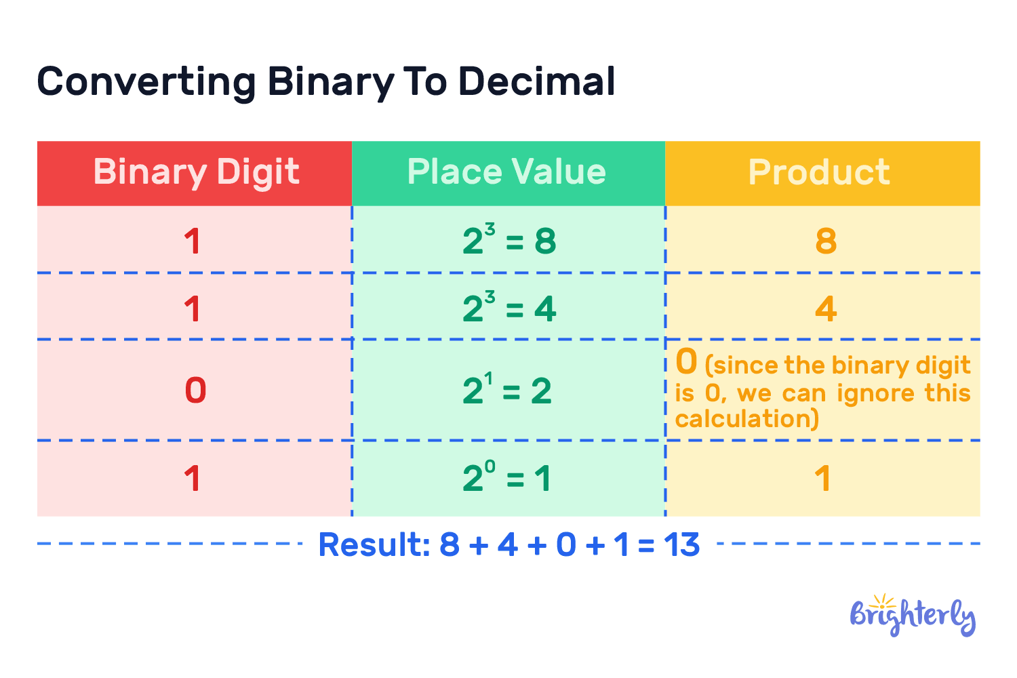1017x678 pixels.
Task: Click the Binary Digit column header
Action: (196, 173)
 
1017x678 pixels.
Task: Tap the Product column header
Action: (819, 173)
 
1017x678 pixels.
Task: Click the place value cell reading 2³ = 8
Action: (509, 239)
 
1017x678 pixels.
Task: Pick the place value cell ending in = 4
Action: (509, 306)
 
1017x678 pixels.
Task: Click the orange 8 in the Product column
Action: (826, 241)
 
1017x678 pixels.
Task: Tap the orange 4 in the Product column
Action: (826, 309)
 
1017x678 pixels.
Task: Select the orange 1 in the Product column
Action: (822, 479)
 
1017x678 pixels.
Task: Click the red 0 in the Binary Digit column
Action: (196, 391)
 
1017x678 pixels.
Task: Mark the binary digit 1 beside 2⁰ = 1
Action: (193, 479)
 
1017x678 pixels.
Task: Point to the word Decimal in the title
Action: (537, 82)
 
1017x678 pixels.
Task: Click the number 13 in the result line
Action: (681, 544)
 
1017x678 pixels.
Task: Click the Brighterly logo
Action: (913, 616)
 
